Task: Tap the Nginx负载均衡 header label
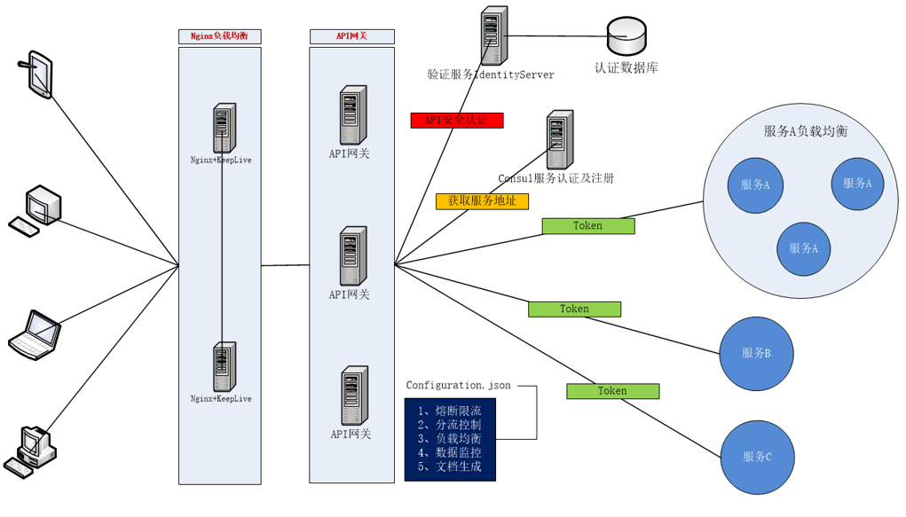coord(219,36)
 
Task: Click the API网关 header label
coord(351,36)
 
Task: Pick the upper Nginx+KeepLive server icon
coord(224,128)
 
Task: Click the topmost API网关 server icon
coord(352,115)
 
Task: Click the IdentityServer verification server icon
coord(494,36)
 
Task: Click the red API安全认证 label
coord(456,121)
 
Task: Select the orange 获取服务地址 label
coord(482,201)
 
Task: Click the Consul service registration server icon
coord(559,140)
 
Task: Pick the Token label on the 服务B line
coord(574,309)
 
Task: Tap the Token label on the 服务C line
coord(612,391)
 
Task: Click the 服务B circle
coord(756,353)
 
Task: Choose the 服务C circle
coord(756,457)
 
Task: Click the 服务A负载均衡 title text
coord(805,131)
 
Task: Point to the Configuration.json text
coord(458,386)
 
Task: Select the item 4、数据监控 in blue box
coord(449,452)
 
